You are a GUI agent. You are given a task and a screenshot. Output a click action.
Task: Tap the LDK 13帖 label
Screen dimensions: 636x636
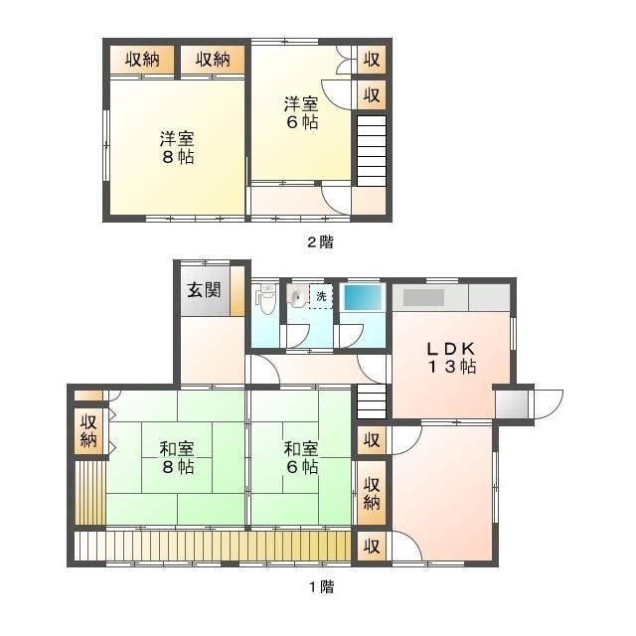click(454, 358)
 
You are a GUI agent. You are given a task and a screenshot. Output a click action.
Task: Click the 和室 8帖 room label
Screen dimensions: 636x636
click(173, 457)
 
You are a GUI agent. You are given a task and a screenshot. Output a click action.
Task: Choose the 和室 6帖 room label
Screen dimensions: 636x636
click(299, 457)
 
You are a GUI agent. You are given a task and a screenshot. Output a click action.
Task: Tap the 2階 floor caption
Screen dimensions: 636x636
click(319, 241)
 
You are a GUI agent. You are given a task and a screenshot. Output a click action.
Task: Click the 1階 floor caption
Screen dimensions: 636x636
click(319, 586)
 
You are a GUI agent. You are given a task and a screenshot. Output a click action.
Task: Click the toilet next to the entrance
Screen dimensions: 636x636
click(265, 296)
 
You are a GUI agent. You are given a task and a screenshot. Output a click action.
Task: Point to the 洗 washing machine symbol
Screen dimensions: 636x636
click(320, 297)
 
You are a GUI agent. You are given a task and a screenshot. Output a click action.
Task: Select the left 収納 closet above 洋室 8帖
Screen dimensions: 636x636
click(142, 61)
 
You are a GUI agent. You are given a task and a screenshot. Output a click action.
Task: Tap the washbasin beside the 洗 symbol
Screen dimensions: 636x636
click(297, 296)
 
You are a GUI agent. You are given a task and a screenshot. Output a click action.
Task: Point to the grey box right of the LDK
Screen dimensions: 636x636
click(511, 403)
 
